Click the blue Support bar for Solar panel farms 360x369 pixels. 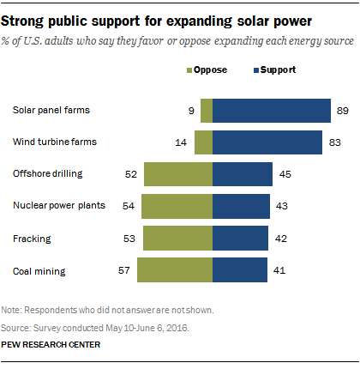(x=272, y=111)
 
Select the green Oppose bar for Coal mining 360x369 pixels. (x=175, y=269)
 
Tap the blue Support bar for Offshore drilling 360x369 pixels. (x=243, y=174)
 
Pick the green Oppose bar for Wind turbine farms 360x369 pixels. (x=204, y=142)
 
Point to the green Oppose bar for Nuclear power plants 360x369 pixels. (x=177, y=206)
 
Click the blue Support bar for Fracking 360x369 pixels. (x=240, y=238)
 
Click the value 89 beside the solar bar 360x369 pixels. (x=343, y=111)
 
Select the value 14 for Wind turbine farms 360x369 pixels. (x=181, y=142)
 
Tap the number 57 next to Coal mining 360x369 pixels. (x=124, y=270)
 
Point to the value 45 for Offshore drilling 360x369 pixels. (x=285, y=174)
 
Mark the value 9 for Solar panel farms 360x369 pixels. (x=191, y=111)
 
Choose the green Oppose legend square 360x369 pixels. (x=189, y=70)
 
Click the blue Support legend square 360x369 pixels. (x=256, y=70)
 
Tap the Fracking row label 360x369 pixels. (x=32, y=239)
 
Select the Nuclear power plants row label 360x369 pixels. (x=59, y=205)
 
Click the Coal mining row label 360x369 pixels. (x=39, y=271)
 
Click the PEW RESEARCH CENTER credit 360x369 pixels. (x=51, y=345)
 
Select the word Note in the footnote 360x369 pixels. (x=11, y=310)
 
